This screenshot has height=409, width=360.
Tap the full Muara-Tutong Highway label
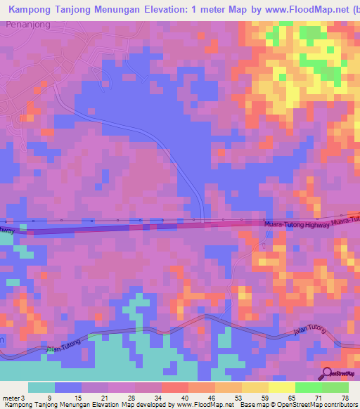point(295,223)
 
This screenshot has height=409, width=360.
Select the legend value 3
point(22,398)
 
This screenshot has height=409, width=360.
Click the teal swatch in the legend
point(41,387)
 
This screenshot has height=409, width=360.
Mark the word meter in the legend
point(11,398)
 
